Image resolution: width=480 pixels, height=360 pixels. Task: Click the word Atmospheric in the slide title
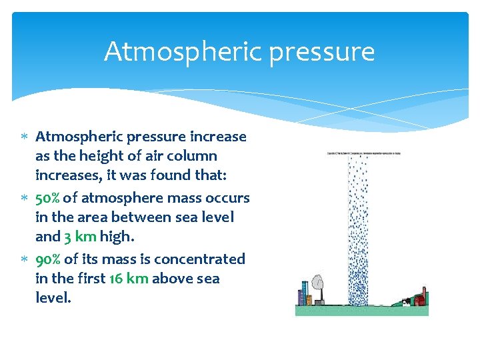coord(169,51)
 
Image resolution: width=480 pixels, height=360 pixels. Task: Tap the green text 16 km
coord(127,278)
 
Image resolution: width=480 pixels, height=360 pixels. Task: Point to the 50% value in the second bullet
coord(47,197)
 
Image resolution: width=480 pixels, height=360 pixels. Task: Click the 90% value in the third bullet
coord(47,258)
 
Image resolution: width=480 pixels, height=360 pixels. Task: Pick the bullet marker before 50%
coord(24,198)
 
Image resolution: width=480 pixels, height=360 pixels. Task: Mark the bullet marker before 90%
coord(24,259)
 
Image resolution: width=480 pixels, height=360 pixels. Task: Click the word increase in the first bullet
coord(218,137)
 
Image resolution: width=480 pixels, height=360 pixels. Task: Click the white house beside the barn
coord(407,302)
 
